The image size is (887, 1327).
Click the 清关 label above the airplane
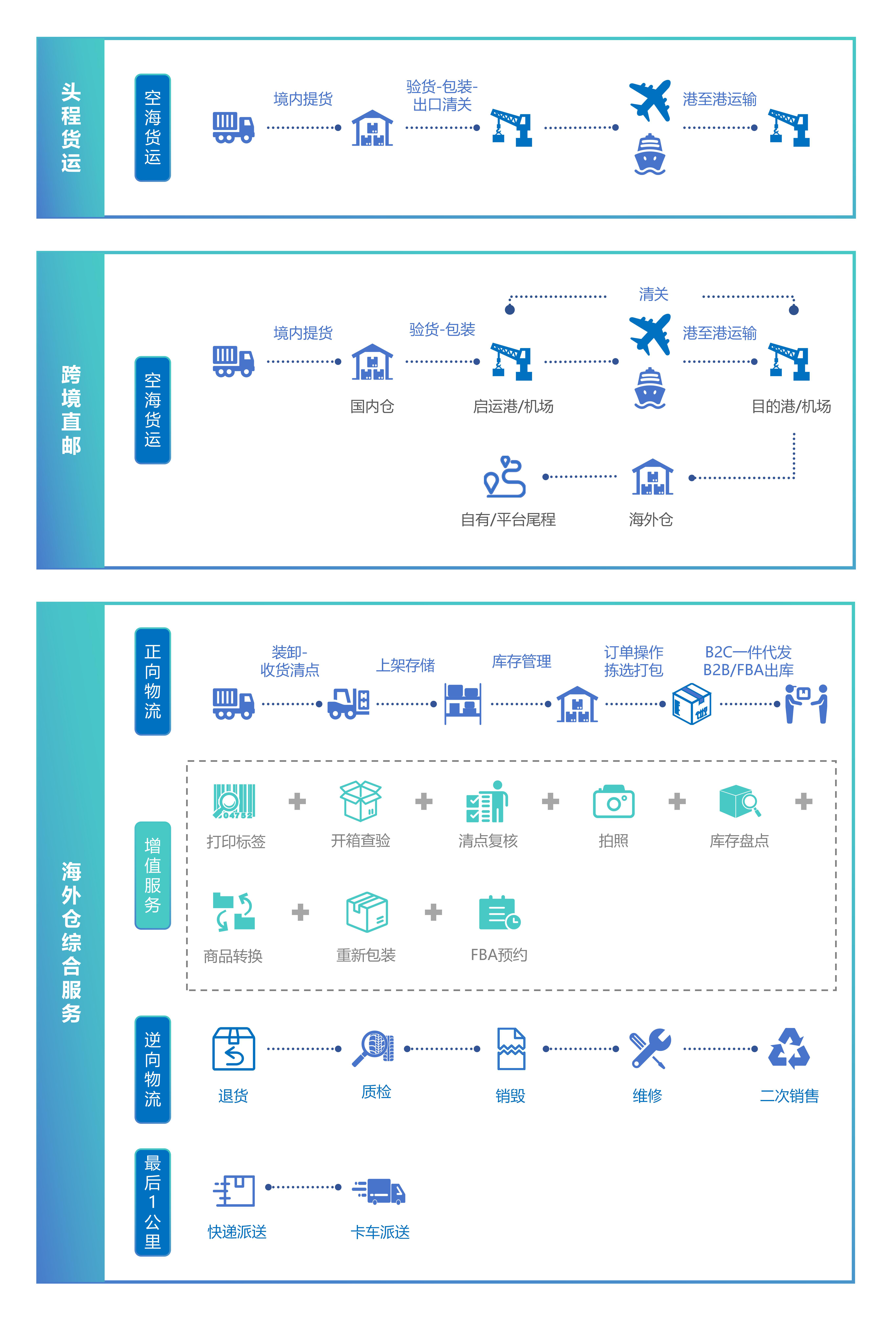[x=653, y=294]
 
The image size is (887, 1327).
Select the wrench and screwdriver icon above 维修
[x=650, y=1048]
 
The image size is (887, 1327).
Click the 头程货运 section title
[x=71, y=127]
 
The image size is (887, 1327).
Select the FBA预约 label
[x=499, y=955]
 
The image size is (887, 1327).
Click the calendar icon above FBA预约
[x=499, y=912]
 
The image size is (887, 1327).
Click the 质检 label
[x=376, y=1092]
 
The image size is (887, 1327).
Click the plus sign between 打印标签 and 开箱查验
[x=297, y=801]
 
